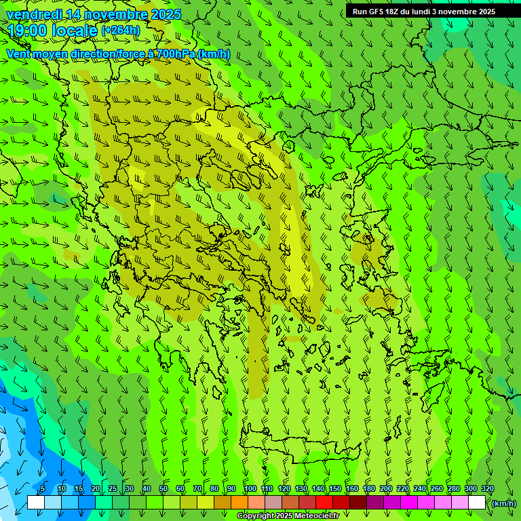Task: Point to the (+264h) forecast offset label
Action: tap(121, 30)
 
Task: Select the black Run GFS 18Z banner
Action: tap(433, 11)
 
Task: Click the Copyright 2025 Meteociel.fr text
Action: tap(288, 516)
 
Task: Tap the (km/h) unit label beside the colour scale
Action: tap(504, 503)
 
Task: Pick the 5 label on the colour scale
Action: tap(43, 489)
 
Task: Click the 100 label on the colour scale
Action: tap(250, 489)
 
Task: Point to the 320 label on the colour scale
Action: tap(487, 489)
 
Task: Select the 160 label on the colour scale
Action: tap(351, 489)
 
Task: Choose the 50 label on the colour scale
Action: tap(163, 489)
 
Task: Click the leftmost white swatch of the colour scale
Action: tap(36, 503)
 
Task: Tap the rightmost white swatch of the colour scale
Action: tap(477, 503)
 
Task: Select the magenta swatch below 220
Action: tap(409, 503)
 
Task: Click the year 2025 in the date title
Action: tap(166, 14)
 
